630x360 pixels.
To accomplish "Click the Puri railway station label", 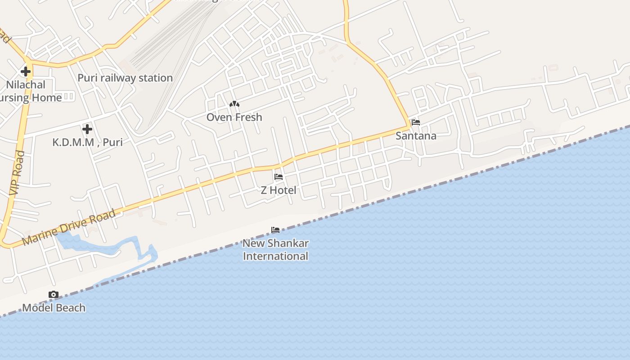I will pyautogui.click(x=125, y=78).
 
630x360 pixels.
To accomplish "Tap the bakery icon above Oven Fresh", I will pyautogui.click(x=234, y=104).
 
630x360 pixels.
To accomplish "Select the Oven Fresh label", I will pyautogui.click(x=234, y=117).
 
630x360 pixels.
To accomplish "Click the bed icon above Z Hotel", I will pyautogui.click(x=279, y=177).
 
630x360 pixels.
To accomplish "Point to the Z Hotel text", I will pyautogui.click(x=279, y=190).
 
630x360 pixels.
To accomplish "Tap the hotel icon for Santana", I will pyautogui.click(x=416, y=122).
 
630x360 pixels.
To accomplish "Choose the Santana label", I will pyautogui.click(x=416, y=135).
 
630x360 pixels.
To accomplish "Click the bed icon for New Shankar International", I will pyautogui.click(x=275, y=230).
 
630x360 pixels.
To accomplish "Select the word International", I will pyautogui.click(x=275, y=256).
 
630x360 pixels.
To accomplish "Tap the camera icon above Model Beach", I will pyautogui.click(x=54, y=295).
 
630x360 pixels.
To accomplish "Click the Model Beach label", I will pyautogui.click(x=54, y=308).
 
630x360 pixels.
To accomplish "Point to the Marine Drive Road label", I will pyautogui.click(x=68, y=228).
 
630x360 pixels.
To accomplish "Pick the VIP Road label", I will pyautogui.click(x=17, y=173).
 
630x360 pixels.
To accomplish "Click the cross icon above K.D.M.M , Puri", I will pyautogui.click(x=87, y=130).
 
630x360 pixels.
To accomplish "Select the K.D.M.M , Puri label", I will pyautogui.click(x=87, y=142).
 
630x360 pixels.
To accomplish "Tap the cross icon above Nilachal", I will pyautogui.click(x=26, y=71).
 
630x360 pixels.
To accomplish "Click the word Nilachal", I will pyautogui.click(x=26, y=85).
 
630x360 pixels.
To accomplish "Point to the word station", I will pyautogui.click(x=155, y=78).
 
